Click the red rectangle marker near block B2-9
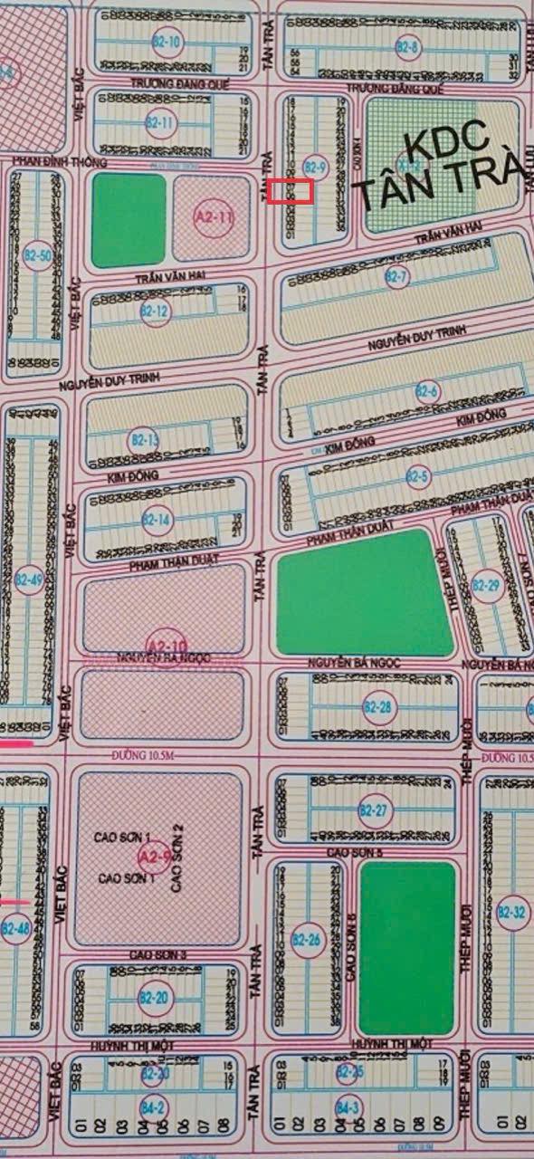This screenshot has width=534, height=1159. pyautogui.click(x=291, y=191)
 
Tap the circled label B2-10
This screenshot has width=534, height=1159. pyautogui.click(x=169, y=42)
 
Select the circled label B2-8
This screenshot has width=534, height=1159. pyautogui.click(x=408, y=47)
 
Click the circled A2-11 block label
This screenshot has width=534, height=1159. pyautogui.click(x=214, y=217)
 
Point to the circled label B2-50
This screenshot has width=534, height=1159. pyautogui.click(x=37, y=256)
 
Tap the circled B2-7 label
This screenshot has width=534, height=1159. pyautogui.click(x=396, y=276)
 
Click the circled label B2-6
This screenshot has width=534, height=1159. pyautogui.click(x=426, y=392)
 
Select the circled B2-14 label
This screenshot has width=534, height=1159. pyautogui.click(x=157, y=521)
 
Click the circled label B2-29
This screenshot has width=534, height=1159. pyautogui.click(x=485, y=586)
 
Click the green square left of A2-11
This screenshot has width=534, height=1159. pyautogui.click(x=129, y=219)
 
